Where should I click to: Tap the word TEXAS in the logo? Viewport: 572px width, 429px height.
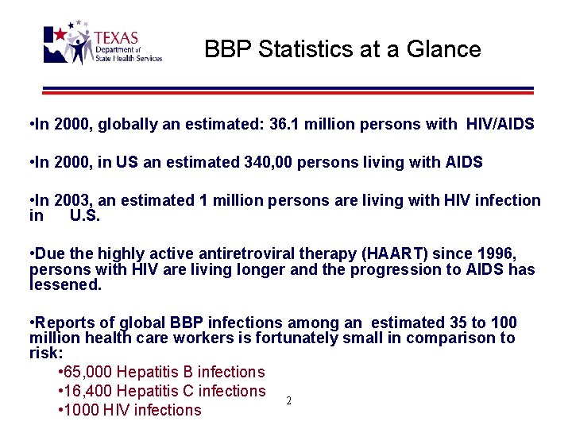116,38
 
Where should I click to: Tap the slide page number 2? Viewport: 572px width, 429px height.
288,401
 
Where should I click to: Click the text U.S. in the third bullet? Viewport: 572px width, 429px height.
84,215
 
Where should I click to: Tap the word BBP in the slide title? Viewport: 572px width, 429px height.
225,49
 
